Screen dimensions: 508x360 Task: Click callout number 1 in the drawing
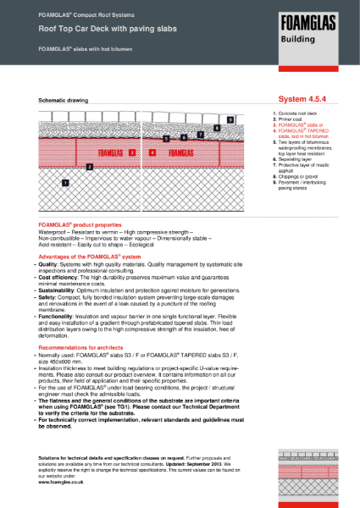click(65, 182)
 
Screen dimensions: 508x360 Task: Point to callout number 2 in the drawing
click(90, 167)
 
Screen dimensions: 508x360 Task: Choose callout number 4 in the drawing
click(152, 153)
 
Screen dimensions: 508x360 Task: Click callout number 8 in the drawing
click(217, 128)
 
